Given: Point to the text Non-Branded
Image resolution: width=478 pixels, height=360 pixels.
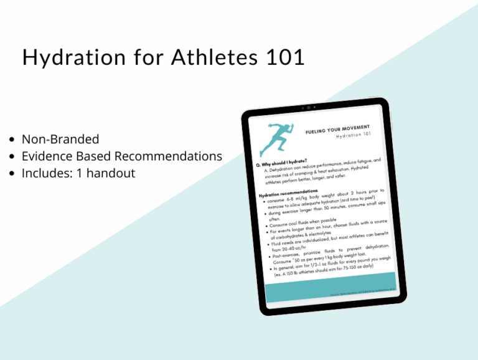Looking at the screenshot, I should pyautogui.click(x=60, y=140).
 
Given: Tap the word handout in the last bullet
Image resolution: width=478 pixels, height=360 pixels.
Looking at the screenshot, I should pyautogui.click(x=113, y=173).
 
